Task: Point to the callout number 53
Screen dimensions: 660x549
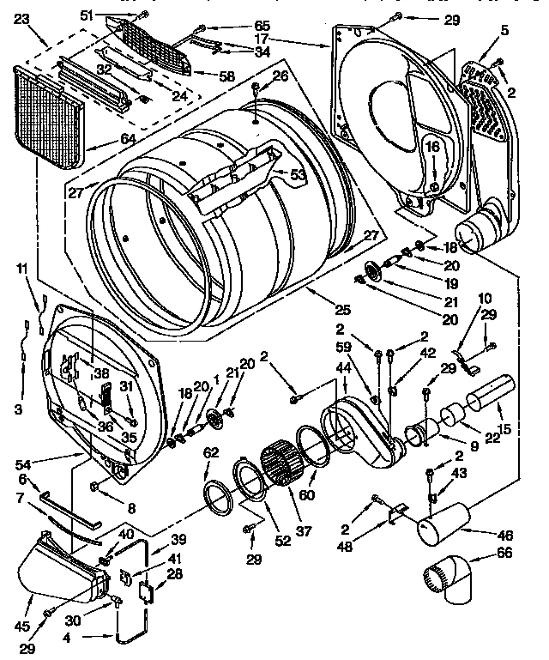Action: pyautogui.click(x=298, y=175)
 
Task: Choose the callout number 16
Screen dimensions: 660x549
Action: pyautogui.click(x=432, y=148)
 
